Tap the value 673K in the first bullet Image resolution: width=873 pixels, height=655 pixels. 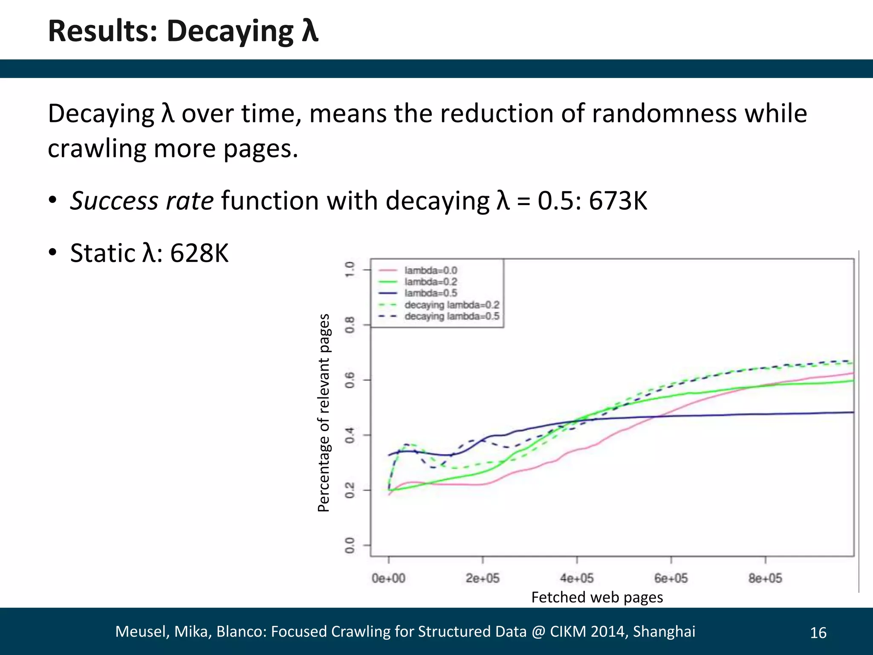click(x=618, y=200)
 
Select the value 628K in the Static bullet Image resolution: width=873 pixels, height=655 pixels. click(x=199, y=253)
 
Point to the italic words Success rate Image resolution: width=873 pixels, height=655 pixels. click(x=142, y=200)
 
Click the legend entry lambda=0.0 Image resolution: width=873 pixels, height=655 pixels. click(x=431, y=270)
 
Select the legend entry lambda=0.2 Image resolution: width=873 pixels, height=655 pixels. click(x=431, y=282)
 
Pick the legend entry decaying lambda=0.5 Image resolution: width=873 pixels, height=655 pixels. click(x=451, y=316)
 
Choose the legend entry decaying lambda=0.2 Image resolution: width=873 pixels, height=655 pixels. click(x=451, y=305)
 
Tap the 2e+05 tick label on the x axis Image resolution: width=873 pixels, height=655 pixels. click(x=483, y=578)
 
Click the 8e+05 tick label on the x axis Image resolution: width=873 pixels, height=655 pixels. click(x=765, y=578)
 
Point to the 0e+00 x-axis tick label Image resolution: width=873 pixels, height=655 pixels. click(x=388, y=578)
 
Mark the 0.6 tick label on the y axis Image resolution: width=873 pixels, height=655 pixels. click(x=350, y=380)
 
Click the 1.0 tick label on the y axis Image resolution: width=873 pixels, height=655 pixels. click(x=350, y=270)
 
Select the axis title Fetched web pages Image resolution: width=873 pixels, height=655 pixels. click(x=597, y=597)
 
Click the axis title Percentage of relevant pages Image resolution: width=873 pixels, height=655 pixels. click(x=324, y=413)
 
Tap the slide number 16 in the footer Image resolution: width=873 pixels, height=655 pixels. click(x=818, y=633)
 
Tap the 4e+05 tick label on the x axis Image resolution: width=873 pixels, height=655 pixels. click(x=577, y=578)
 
